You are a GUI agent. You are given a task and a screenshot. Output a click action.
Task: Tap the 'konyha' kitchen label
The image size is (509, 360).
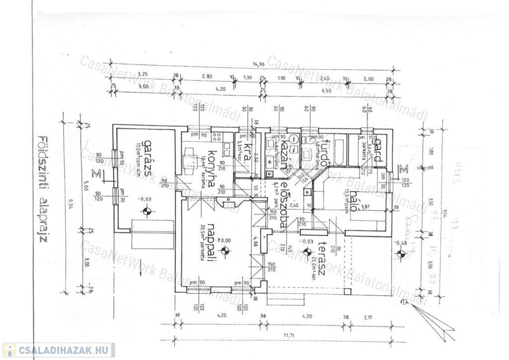[211, 169]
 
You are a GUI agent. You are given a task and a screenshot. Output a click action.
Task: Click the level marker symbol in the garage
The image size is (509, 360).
[146, 211]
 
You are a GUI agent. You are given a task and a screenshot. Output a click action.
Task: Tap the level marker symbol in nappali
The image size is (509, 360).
[225, 251]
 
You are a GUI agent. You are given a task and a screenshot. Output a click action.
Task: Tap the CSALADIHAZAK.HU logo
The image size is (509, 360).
[59, 350]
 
